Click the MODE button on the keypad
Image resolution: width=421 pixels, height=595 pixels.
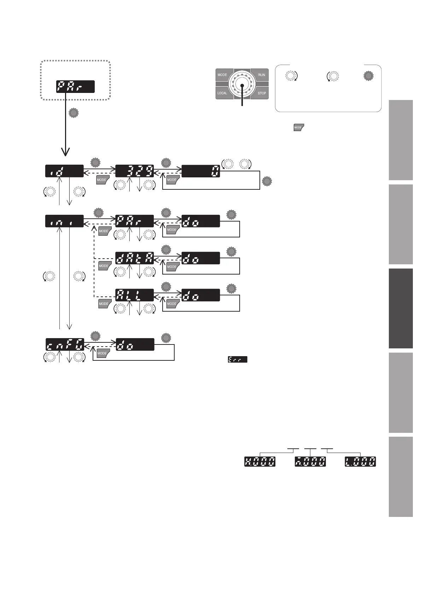pos(223,75)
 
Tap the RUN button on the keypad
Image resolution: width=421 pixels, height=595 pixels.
pos(261,75)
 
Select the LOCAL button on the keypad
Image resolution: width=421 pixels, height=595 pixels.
pos(223,93)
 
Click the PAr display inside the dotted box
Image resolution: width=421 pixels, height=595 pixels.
pos(75,87)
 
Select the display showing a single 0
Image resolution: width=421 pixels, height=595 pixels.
pos(201,171)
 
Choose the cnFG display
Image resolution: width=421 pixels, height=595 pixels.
pos(65,344)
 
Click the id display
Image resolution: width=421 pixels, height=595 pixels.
pos(65,171)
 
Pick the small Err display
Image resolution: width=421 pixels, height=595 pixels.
pos(238,359)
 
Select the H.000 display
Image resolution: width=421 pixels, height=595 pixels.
pos(260,461)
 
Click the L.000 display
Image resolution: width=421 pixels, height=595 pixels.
pos(361,461)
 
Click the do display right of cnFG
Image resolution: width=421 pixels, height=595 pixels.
pos(135,344)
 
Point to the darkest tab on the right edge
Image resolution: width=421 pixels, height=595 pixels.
pos(401,308)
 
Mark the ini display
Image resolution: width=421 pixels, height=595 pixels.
pos(65,221)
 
